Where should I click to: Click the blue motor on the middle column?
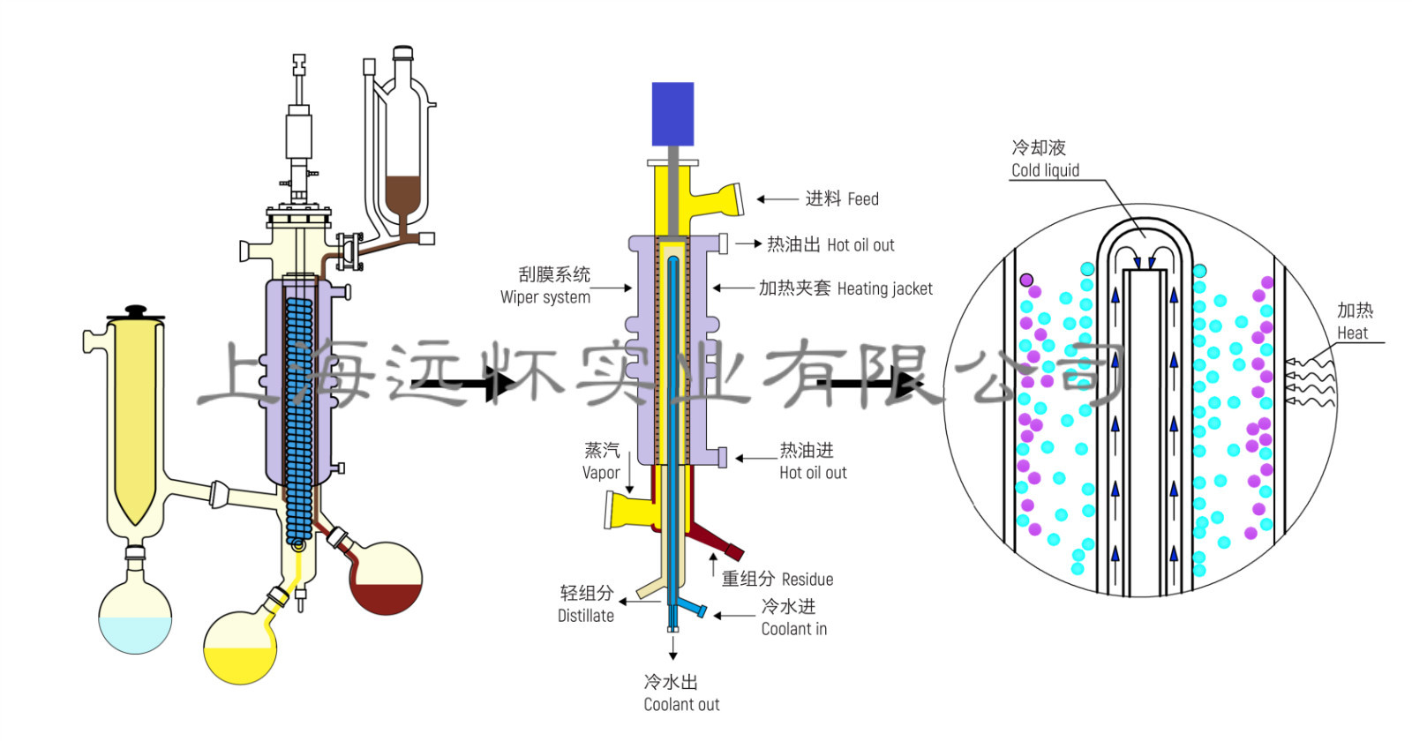tap(672, 114)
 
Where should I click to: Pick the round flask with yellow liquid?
tap(240, 648)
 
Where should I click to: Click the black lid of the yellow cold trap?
tap(135, 313)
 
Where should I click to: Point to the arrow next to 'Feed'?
tap(777, 199)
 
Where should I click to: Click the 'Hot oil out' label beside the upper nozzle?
tap(830, 244)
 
